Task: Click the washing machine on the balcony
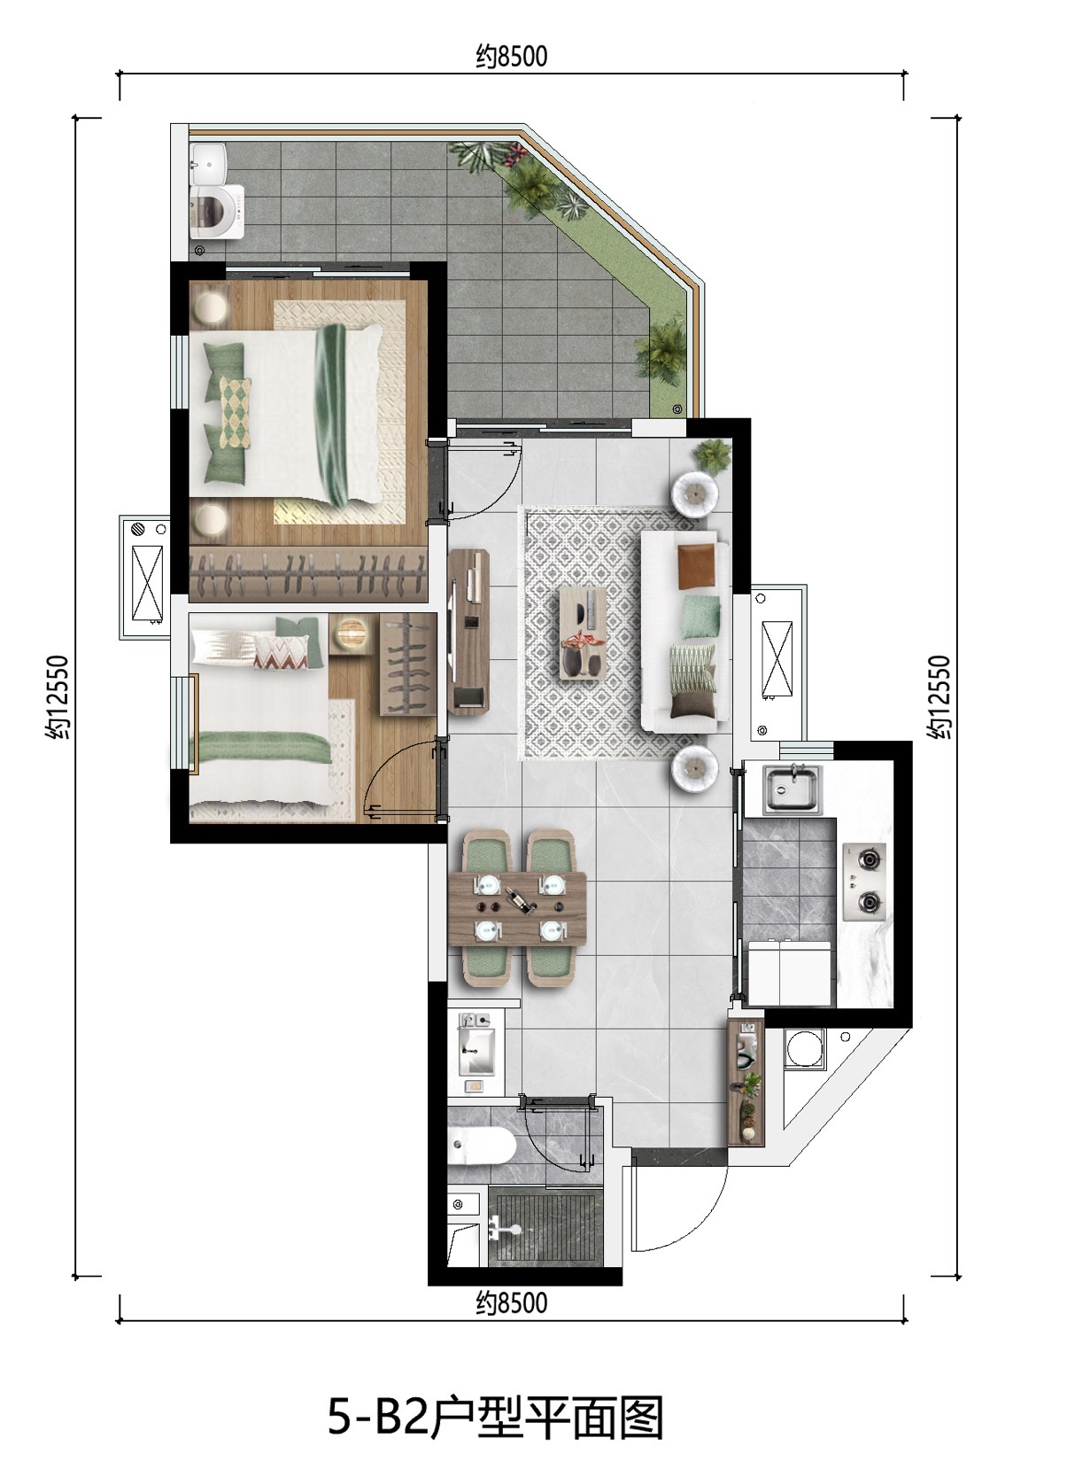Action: [x=216, y=211]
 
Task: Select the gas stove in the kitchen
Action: [x=864, y=882]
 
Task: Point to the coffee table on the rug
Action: [x=583, y=633]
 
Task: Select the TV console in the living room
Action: [x=468, y=631]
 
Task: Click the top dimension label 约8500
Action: [x=511, y=57]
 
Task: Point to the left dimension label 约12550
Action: [x=58, y=697]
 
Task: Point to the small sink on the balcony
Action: [x=208, y=161]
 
